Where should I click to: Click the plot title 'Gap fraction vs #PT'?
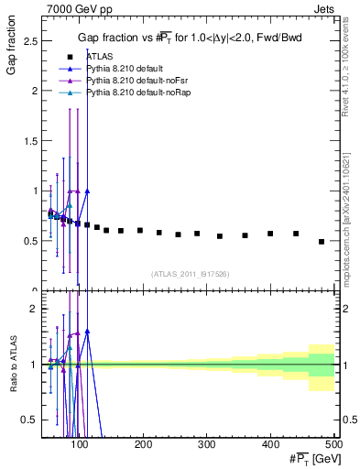point(188,37)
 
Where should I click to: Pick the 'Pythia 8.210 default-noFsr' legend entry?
point(132,81)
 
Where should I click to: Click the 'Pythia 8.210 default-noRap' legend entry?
point(134,93)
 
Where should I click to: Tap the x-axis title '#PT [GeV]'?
point(311,459)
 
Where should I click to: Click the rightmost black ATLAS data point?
point(322,242)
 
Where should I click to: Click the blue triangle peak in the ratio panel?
point(87,331)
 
